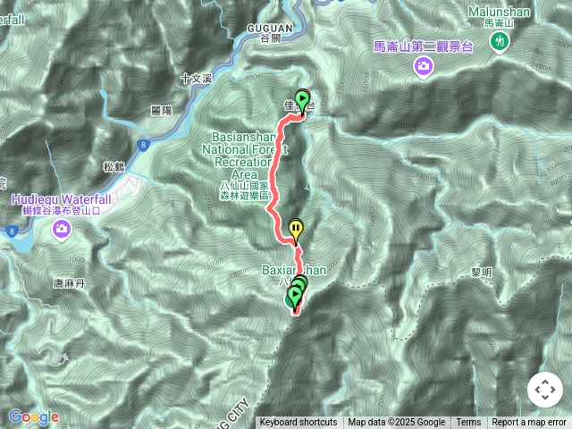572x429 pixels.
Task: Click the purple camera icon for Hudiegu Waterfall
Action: [x=62, y=231]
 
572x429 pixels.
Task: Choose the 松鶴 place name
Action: [x=114, y=166]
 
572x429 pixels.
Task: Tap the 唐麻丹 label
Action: [x=68, y=283]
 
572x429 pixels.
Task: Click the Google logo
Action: [x=33, y=416]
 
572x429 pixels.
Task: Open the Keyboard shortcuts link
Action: [x=299, y=423]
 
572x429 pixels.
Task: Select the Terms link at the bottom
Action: [x=468, y=423]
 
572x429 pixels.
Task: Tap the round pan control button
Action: [x=544, y=390]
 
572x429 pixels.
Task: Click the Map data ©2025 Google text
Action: [x=396, y=423]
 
